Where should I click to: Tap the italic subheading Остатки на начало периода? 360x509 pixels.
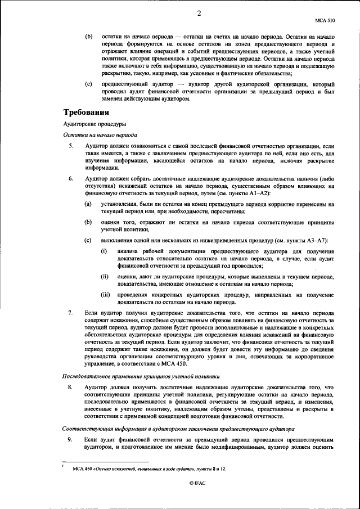(99, 135)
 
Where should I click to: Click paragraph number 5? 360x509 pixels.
(71, 146)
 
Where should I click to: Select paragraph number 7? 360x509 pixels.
(71, 312)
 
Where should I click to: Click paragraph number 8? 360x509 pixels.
(71, 388)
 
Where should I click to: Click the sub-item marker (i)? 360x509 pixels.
(104, 250)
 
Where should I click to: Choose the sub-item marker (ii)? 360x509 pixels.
(105, 277)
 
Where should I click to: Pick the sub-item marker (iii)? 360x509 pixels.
(105, 295)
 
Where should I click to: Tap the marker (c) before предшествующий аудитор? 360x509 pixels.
(88, 84)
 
